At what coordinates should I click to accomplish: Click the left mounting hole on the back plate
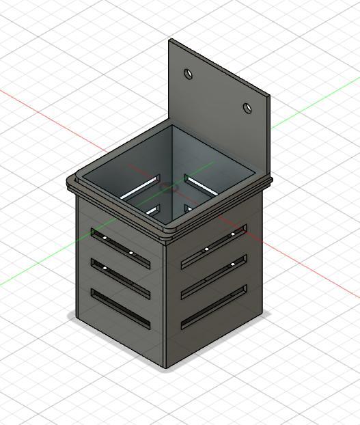point(189,74)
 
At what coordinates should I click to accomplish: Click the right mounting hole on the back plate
point(248,108)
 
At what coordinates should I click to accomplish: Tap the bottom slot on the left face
point(120,308)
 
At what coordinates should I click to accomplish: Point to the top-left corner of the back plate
point(170,40)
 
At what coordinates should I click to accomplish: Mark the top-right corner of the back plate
point(268,96)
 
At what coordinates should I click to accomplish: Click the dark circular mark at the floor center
point(168,186)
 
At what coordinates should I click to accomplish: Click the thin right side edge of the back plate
point(268,137)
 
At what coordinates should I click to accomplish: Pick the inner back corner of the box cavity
point(171,126)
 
